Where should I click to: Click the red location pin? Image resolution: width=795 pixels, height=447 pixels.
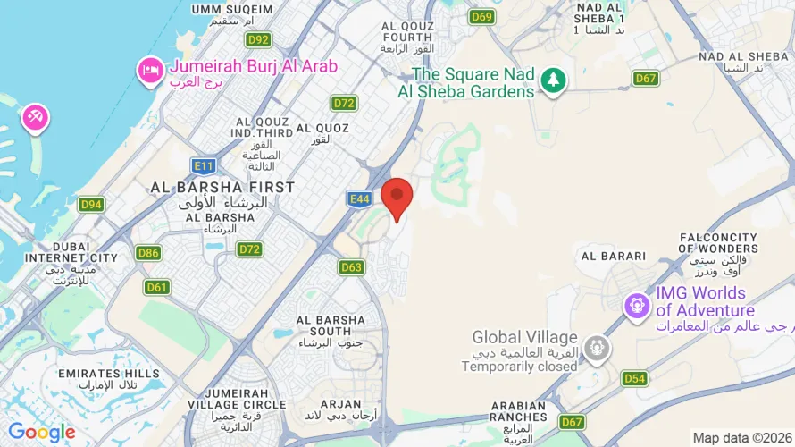tap(397, 197)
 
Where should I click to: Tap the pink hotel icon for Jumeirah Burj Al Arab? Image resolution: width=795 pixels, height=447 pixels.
tap(149, 69)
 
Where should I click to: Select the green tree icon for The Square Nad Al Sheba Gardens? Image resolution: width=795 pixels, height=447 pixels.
tap(554, 80)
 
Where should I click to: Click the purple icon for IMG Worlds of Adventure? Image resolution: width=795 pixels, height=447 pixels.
tap(637, 305)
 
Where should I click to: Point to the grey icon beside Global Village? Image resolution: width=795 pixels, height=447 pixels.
tap(596, 347)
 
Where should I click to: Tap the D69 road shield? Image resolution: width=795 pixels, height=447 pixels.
tap(482, 16)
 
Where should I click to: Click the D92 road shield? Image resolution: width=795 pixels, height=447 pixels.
tap(258, 39)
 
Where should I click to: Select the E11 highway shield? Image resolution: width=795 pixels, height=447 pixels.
tap(204, 165)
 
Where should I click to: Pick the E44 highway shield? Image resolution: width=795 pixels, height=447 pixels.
tap(360, 199)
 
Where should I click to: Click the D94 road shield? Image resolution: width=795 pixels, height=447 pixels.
tap(91, 205)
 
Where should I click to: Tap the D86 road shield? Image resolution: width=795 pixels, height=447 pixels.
tap(149, 253)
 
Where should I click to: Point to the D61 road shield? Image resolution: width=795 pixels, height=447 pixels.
tap(157, 287)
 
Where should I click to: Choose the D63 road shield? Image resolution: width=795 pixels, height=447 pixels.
tap(351, 266)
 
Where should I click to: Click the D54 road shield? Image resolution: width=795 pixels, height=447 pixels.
tap(634, 378)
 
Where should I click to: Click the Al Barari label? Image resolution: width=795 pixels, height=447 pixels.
tap(613, 256)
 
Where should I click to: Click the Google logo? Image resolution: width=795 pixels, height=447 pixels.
tap(42, 433)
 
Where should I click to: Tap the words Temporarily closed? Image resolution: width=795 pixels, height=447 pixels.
tap(520, 367)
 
